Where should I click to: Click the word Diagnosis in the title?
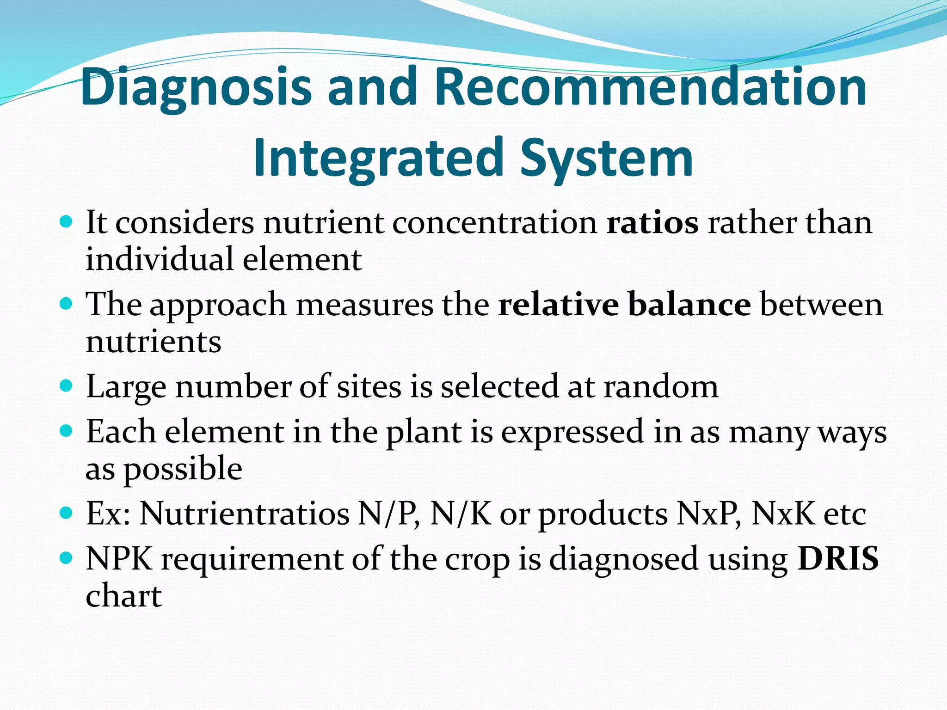point(196,88)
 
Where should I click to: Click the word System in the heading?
point(606,158)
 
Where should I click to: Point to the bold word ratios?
point(652,223)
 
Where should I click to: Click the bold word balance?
point(689,305)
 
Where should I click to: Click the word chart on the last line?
point(124,596)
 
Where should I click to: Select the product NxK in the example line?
point(783,514)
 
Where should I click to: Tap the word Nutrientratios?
point(244,514)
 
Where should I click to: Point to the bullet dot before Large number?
point(67,386)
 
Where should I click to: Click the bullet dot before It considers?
point(67,222)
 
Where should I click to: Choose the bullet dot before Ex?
point(67,513)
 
